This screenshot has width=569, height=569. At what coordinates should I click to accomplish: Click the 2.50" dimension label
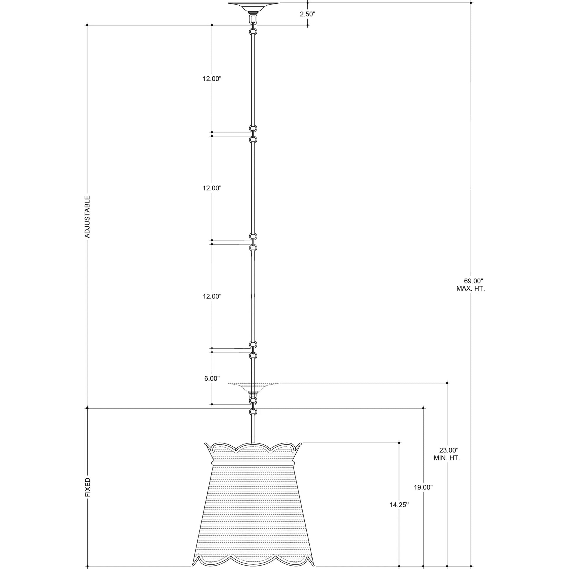[x=308, y=14]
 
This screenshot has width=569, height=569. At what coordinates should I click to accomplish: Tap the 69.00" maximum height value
[x=474, y=281]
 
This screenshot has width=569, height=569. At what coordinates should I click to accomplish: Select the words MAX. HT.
[x=470, y=289]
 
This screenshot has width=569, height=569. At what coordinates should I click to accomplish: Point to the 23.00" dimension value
[x=449, y=458]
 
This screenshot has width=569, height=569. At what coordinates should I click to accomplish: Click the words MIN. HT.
[x=447, y=466]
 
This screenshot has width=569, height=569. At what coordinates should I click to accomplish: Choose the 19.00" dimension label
[x=423, y=487]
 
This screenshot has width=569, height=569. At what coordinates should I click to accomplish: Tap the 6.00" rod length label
[x=212, y=378]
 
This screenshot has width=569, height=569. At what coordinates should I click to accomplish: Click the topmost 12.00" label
[x=212, y=79]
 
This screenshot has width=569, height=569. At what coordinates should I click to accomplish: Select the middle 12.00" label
[x=212, y=188]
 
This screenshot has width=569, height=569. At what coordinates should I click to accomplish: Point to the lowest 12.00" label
[x=212, y=296]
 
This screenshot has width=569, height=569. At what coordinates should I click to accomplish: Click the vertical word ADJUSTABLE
[x=87, y=217]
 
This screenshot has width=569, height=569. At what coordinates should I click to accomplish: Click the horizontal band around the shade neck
[x=253, y=463]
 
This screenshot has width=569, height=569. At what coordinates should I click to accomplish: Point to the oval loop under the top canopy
[x=253, y=20]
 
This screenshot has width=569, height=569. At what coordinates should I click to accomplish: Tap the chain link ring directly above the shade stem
[x=253, y=412]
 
